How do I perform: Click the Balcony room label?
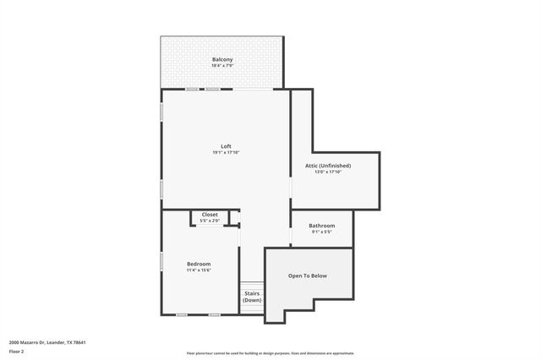click(222, 59)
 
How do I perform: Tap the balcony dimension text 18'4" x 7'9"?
click(222, 66)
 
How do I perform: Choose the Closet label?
click(210, 215)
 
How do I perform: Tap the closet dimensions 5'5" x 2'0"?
click(210, 221)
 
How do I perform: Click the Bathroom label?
click(321, 226)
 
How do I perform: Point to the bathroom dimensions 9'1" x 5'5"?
click(321, 232)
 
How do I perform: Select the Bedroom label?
click(199, 264)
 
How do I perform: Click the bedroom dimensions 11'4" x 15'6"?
click(199, 270)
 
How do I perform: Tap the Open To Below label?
click(308, 276)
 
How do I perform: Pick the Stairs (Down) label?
click(252, 297)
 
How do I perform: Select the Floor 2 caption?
click(16, 351)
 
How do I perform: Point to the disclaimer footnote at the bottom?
click(270, 353)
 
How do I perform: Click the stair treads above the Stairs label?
click(252, 286)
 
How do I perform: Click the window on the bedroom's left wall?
click(161, 262)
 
